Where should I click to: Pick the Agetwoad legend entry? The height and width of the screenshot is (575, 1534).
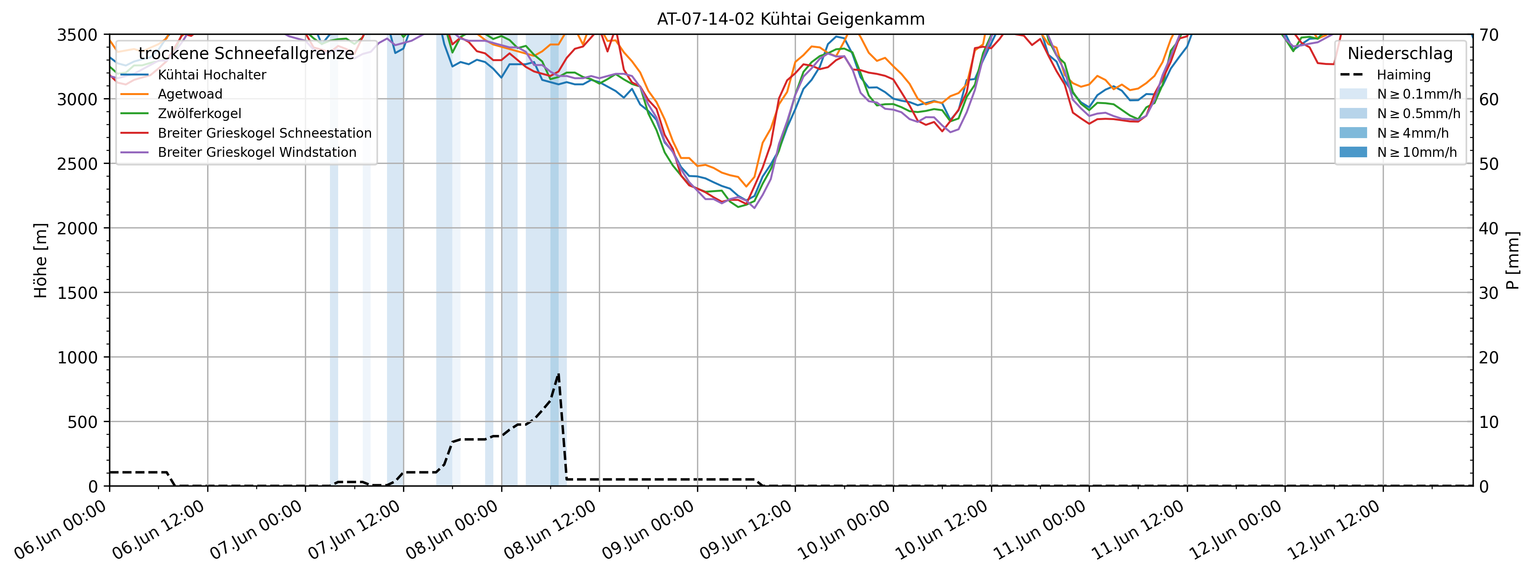[x=190, y=94]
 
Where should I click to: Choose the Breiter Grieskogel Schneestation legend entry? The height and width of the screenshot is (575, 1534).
[x=264, y=133]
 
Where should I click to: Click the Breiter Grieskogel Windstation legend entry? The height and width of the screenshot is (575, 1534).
[x=257, y=153]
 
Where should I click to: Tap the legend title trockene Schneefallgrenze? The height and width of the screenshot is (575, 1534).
[x=246, y=54]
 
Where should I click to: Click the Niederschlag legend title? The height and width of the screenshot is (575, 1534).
[x=1400, y=54]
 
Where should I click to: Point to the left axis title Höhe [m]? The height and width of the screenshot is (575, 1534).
[x=41, y=261]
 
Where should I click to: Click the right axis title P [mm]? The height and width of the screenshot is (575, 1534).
[x=1513, y=261]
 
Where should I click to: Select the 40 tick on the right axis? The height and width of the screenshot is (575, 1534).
[x=1488, y=228]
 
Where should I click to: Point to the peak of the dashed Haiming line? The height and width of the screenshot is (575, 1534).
[x=558, y=374]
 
